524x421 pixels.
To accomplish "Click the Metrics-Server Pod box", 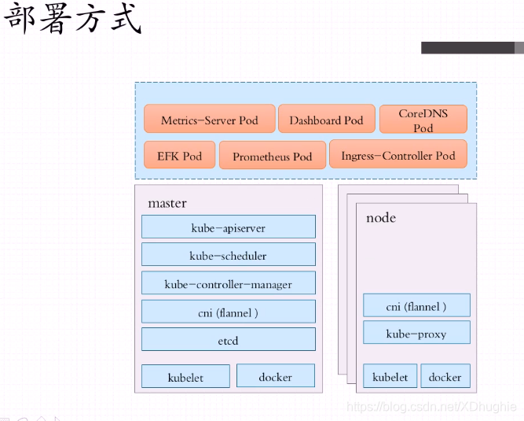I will coord(210,120).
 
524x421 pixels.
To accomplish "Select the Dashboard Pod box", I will coord(326,120).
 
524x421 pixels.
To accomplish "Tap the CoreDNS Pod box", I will coord(423,120).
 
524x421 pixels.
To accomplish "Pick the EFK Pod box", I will coord(179,155).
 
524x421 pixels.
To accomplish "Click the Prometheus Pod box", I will coord(272,156).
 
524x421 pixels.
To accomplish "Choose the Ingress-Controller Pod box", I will coord(398,155).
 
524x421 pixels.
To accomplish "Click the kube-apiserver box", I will coord(229,227).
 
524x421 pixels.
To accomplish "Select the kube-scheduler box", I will coord(229,255).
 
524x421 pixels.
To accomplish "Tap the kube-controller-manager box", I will coord(229,283).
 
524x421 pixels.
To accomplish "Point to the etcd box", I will coord(229,340).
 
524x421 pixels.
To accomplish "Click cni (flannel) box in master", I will coord(229,312).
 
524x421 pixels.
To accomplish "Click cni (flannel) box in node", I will coord(416,305).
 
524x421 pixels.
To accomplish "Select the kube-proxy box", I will coord(416,333).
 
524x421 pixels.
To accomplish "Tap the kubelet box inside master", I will coord(185,376).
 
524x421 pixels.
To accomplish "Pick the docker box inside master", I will coord(275,376).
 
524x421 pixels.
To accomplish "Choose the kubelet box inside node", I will coord(390,376).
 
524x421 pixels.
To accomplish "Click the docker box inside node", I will coord(445,376).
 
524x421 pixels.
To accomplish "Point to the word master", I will coord(167,203).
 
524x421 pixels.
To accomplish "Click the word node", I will coord(381,217).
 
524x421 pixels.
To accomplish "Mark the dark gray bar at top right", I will coord(470,47).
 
